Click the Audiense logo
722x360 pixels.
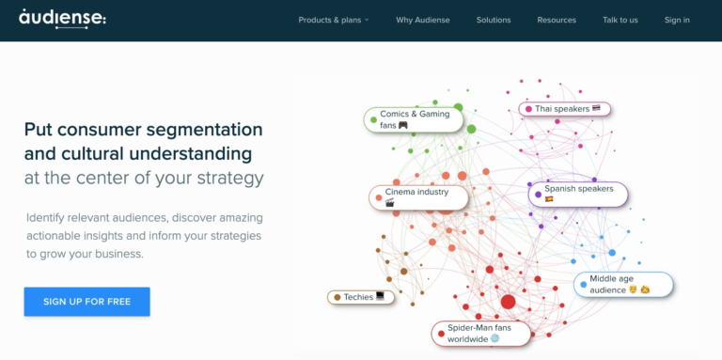pyautogui.click(x=62, y=17)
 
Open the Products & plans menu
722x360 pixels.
pyautogui.click(x=334, y=20)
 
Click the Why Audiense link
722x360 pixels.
pyautogui.click(x=423, y=20)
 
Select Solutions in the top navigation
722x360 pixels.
pyautogui.click(x=494, y=20)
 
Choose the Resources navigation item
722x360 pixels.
pyautogui.click(x=557, y=20)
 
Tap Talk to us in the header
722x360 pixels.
pyautogui.click(x=620, y=20)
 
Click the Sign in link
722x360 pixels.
pyautogui.click(x=677, y=20)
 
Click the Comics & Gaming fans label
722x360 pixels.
pyautogui.click(x=414, y=119)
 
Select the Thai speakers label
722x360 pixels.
pyautogui.click(x=565, y=109)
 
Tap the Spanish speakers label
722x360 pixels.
pyautogui.click(x=578, y=194)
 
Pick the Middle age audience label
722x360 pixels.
pyautogui.click(x=624, y=285)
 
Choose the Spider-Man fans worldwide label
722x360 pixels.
pyautogui.click(x=481, y=333)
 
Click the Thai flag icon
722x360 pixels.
pyautogui.click(x=596, y=109)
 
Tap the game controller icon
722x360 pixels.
pyautogui.click(x=402, y=125)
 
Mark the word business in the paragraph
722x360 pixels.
pyautogui.click(x=117, y=254)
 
